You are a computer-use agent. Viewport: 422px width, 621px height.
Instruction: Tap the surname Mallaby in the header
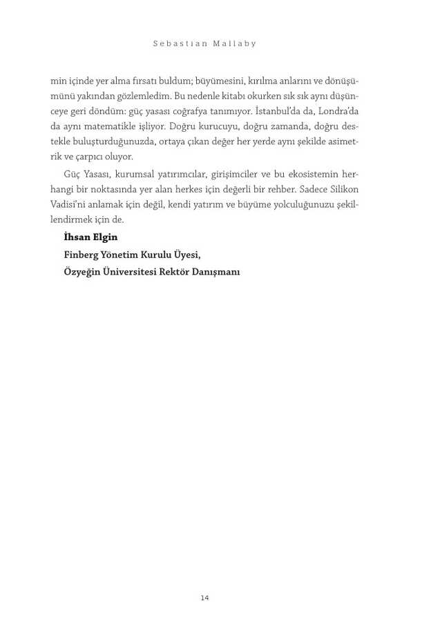coord(236,43)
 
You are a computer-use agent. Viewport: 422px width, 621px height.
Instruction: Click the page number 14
coord(204,598)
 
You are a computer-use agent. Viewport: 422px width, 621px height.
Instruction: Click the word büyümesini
coord(220,81)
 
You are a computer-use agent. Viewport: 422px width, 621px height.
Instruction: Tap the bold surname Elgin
coord(106,237)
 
